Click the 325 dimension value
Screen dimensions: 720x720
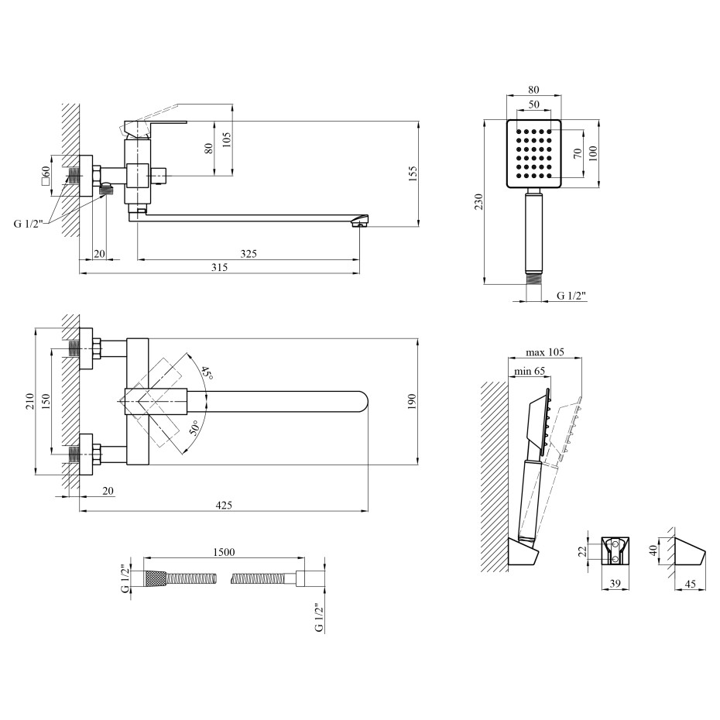249,254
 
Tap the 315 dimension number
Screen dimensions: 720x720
219,268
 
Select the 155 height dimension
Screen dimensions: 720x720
413,174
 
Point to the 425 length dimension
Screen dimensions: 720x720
224,505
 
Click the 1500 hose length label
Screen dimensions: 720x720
224,552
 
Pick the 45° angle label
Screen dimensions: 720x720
207,373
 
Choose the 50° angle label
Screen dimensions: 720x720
194,427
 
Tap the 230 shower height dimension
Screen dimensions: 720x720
479,202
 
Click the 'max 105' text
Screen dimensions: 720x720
544,352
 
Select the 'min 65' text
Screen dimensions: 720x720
530,371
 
